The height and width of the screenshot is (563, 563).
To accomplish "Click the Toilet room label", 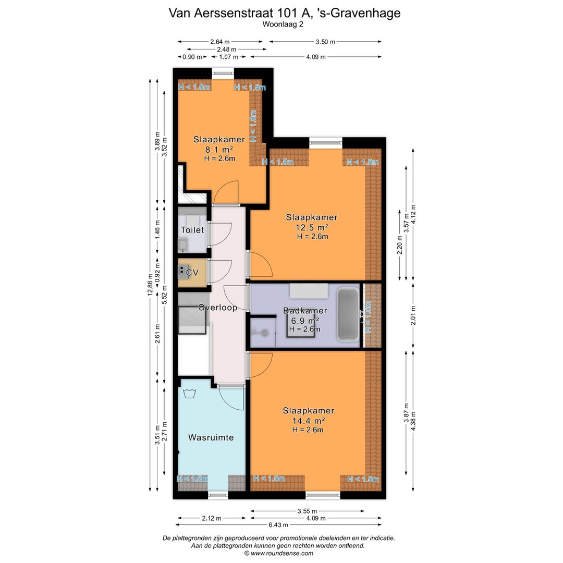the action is [x=192, y=230].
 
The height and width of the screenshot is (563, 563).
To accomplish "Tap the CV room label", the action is [x=192, y=273].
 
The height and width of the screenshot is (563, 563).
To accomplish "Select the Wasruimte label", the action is [x=211, y=437].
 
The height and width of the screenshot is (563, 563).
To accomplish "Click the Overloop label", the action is [x=217, y=308].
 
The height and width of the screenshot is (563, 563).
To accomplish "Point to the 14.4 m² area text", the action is [x=309, y=421].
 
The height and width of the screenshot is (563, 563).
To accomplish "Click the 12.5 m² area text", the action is [x=312, y=227].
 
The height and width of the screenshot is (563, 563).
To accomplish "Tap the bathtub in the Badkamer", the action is [x=348, y=314].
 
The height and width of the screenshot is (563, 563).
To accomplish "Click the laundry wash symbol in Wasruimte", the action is [x=189, y=393].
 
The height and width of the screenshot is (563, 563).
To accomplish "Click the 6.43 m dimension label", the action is [x=278, y=524].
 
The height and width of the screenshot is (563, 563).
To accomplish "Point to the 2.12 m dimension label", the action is [x=212, y=518].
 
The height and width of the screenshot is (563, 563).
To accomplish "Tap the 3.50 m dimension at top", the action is [x=325, y=42].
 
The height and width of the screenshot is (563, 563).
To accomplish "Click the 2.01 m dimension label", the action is [x=413, y=315].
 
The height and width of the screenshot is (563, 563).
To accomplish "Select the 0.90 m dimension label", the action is [x=192, y=57].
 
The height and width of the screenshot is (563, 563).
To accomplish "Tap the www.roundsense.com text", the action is [x=282, y=553].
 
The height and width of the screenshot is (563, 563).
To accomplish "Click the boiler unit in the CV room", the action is [x=183, y=272].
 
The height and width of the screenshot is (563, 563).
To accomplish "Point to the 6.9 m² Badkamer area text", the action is [x=305, y=321].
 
